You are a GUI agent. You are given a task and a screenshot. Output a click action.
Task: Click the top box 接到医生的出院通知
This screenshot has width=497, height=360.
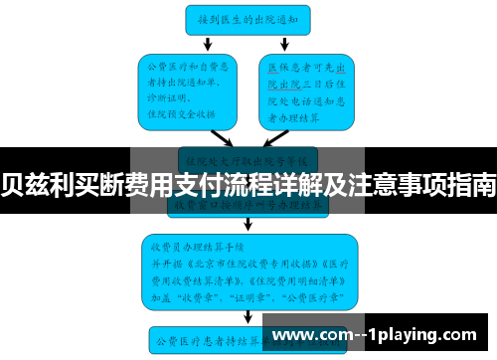coord(248,18)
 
